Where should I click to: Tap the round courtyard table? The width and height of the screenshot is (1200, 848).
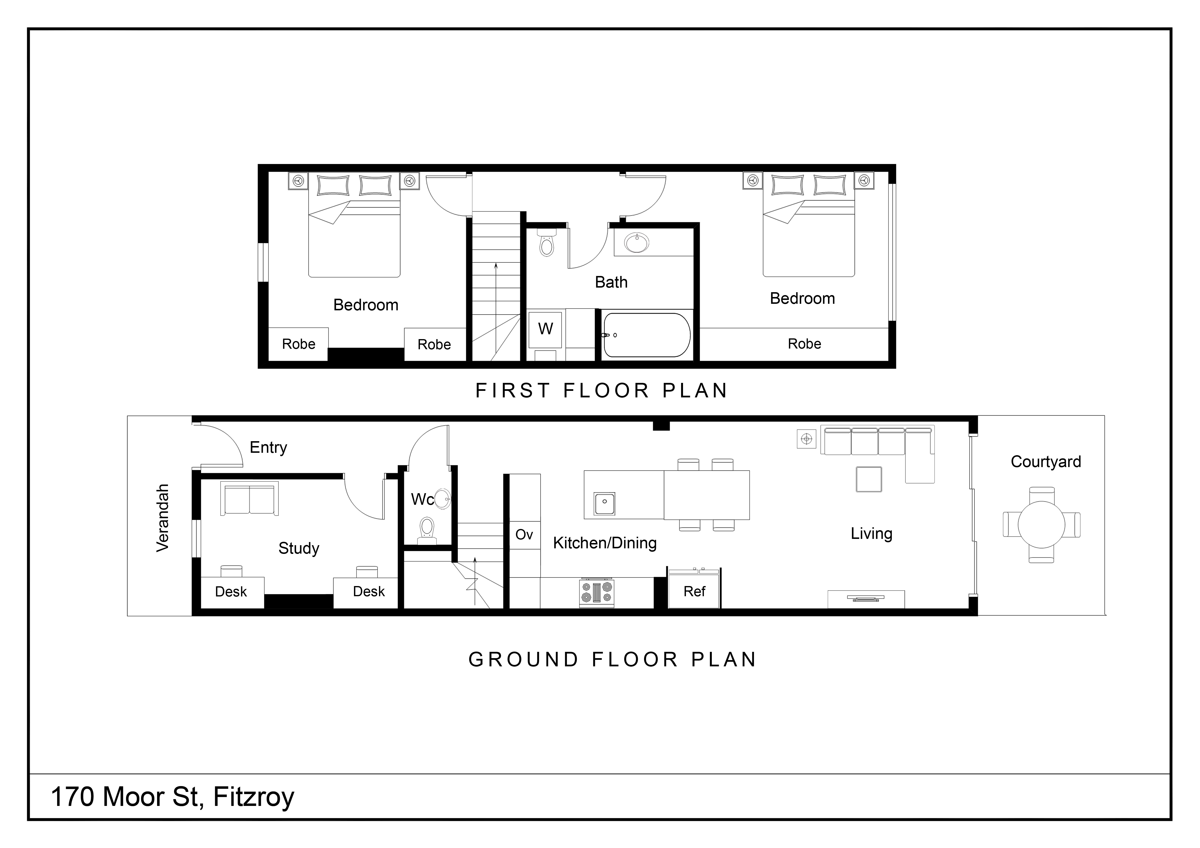(1042, 524)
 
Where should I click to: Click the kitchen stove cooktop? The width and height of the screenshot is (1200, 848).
(596, 593)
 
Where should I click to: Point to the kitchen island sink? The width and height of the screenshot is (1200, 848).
(605, 503)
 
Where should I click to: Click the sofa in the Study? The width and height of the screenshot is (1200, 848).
(249, 498)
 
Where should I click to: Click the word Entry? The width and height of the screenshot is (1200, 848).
(268, 447)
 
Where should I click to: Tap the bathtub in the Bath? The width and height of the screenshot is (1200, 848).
(646, 335)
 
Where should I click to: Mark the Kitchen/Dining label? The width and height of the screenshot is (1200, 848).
(605, 543)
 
